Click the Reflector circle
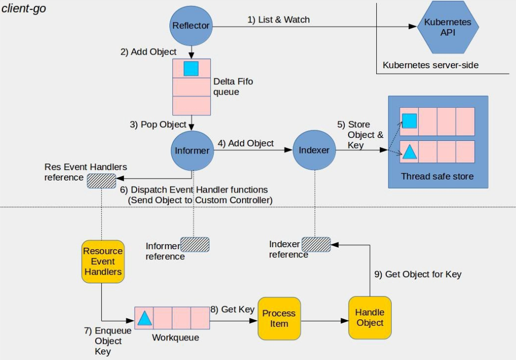pyautogui.click(x=191, y=26)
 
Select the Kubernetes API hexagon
pyautogui.click(x=448, y=27)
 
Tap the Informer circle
pyautogui.click(x=192, y=150)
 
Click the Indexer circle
pyautogui.click(x=314, y=150)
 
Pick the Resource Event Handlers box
pyautogui.click(x=103, y=262)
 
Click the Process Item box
pyautogui.click(x=279, y=318)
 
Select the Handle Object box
pyautogui.click(x=370, y=317)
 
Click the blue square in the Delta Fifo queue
pyautogui.click(x=191, y=69)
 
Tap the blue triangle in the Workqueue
pyautogui.click(x=144, y=318)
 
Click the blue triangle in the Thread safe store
pyautogui.click(x=410, y=152)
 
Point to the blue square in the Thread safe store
pyautogui.click(x=410, y=121)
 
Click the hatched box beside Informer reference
pyautogui.click(x=195, y=245)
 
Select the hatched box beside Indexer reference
pyautogui.click(x=316, y=245)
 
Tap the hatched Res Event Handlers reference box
pyautogui.click(x=101, y=181)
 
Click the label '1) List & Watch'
pyautogui.click(x=279, y=20)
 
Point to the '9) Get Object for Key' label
pyautogui.click(x=418, y=274)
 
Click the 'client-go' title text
pyautogui.click(x=24, y=9)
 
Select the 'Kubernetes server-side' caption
pyautogui.click(x=430, y=65)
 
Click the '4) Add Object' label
pyautogui.click(x=245, y=143)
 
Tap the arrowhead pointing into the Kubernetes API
pyautogui.click(x=413, y=27)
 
